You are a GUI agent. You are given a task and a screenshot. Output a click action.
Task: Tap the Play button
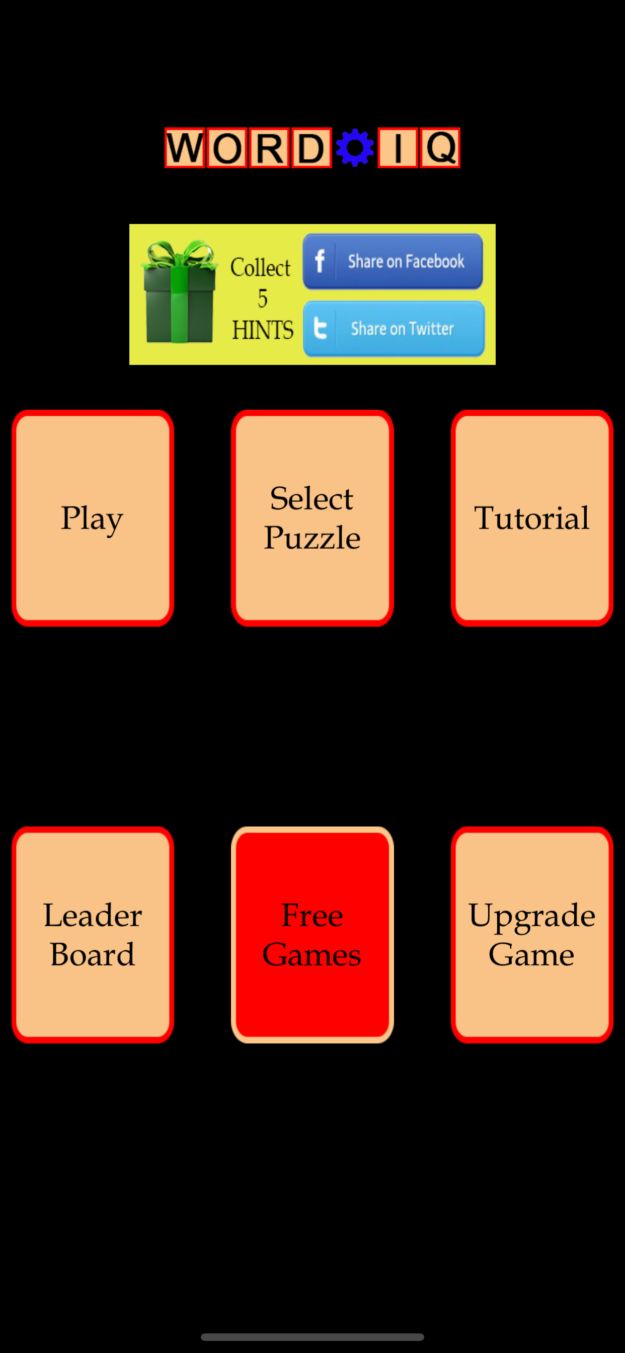(93, 518)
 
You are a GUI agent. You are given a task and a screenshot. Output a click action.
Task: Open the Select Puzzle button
(312, 518)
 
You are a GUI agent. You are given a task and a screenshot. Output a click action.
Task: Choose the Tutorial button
(532, 518)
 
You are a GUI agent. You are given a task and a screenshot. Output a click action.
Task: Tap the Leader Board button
(93, 934)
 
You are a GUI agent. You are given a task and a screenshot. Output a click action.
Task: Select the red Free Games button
(312, 934)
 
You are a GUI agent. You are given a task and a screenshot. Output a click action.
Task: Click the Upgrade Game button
(532, 934)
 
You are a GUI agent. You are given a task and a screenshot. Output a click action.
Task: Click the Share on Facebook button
(393, 261)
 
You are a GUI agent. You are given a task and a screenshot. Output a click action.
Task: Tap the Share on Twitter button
(394, 328)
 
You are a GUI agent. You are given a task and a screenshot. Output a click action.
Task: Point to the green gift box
(179, 292)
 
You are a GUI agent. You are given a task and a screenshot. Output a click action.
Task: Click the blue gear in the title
(355, 147)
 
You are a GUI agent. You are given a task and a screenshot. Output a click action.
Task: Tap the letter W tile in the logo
(185, 147)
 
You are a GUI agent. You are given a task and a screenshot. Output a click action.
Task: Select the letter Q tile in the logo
(440, 147)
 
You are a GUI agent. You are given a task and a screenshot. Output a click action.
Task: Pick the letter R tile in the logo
(269, 147)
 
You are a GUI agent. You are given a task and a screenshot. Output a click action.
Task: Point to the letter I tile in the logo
(398, 147)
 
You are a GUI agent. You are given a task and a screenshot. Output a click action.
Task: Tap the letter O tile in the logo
(227, 147)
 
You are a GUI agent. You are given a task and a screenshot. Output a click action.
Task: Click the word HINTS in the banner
(263, 330)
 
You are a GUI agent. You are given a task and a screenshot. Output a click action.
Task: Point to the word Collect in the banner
(261, 267)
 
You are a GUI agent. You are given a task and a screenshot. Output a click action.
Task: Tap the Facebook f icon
(320, 261)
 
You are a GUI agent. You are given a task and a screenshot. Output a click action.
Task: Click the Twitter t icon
(320, 328)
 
